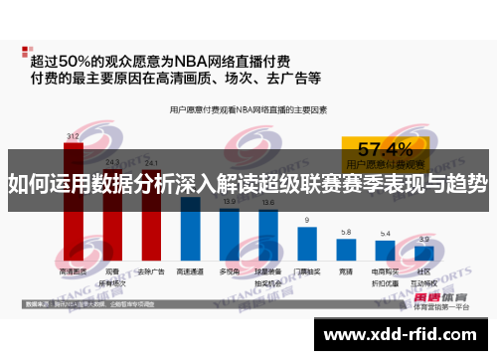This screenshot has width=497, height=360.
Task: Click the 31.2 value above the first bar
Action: pyautogui.click(x=73, y=135)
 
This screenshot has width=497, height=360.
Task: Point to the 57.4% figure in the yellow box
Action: pyautogui.click(x=385, y=149)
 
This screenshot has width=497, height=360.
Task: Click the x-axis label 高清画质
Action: pyautogui.click(x=73, y=270)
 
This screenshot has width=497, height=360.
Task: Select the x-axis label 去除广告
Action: pyautogui.click(x=150, y=270)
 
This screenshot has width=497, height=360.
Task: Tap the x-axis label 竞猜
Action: pyautogui.click(x=346, y=270)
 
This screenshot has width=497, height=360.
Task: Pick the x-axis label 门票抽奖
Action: pyautogui.click(x=307, y=270)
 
